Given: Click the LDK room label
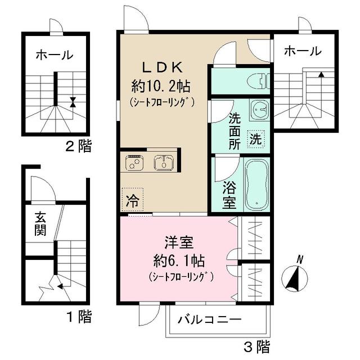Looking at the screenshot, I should (161, 68).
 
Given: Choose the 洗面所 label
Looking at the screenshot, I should (235, 130).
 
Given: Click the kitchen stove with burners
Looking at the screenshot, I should (135, 164).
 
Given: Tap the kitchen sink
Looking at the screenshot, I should (163, 164).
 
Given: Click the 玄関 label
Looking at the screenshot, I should (40, 223).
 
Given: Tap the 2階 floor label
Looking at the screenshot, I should (78, 147).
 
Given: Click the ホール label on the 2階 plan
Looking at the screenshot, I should (55, 55).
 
